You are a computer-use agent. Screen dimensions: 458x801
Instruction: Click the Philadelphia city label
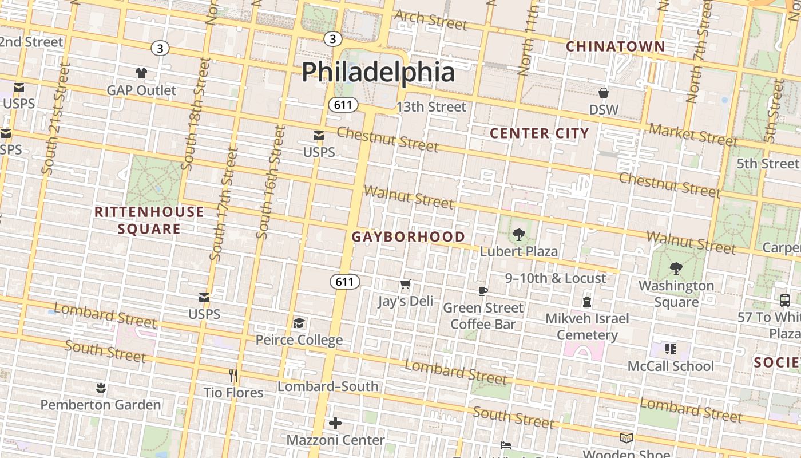point(378,72)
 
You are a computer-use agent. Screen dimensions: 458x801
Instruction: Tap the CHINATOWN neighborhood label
point(615,46)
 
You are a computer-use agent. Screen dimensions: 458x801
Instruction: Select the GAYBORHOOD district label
point(408,236)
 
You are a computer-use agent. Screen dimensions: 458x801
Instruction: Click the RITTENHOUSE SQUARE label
point(149,220)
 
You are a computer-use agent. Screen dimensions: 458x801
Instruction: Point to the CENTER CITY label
point(540,133)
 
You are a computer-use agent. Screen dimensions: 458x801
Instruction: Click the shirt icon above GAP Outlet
point(141,73)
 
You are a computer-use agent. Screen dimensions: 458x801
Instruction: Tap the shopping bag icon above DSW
point(604,93)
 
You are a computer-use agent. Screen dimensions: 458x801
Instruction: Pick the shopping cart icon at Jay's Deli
point(406,285)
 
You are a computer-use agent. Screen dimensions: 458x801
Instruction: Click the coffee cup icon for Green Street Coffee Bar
point(483,291)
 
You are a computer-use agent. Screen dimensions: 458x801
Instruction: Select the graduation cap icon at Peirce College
point(299,323)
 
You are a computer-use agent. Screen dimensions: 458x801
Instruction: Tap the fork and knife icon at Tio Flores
point(233,376)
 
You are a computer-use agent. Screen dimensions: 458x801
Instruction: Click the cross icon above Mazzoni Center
point(335,423)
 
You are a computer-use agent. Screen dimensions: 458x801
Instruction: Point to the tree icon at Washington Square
point(676,269)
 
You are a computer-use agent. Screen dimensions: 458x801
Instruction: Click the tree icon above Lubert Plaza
point(519,234)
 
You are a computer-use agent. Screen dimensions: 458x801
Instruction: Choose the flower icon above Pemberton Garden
point(101,388)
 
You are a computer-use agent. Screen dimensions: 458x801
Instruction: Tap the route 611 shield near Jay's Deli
point(344,282)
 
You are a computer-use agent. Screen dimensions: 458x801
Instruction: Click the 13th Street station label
point(431,107)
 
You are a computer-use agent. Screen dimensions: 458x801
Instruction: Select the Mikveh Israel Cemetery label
point(587,326)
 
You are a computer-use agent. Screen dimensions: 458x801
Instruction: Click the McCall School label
point(671,366)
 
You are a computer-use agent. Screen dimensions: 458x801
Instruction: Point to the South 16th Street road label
point(270,182)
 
